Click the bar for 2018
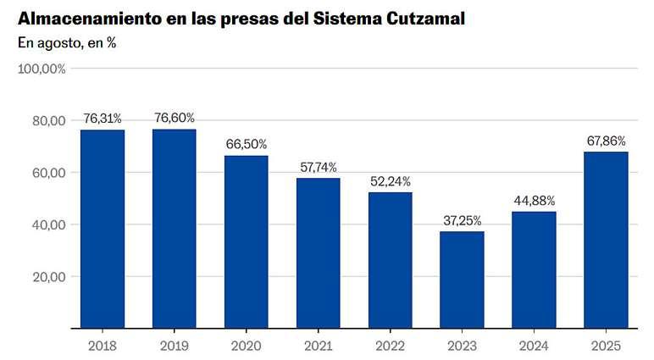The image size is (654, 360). [x=103, y=229]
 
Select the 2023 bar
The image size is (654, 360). [x=463, y=280]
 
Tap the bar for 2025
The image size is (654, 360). [x=606, y=240]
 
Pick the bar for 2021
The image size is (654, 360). [x=319, y=253]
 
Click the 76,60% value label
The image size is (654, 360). [x=175, y=118]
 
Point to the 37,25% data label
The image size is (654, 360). [x=463, y=220]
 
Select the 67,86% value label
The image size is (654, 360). [x=606, y=141]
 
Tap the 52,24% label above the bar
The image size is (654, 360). [x=391, y=181]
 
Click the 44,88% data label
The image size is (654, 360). [x=535, y=201]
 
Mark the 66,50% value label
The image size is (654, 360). [x=247, y=144]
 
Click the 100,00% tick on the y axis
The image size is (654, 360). [x=42, y=69]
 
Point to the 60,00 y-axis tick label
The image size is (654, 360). [x=49, y=173]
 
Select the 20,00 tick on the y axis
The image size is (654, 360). [x=49, y=277]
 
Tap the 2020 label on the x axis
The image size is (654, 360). [x=246, y=346]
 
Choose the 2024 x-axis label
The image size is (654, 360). [x=534, y=346]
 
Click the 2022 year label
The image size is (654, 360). [x=390, y=346]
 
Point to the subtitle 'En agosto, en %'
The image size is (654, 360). [x=67, y=43]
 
